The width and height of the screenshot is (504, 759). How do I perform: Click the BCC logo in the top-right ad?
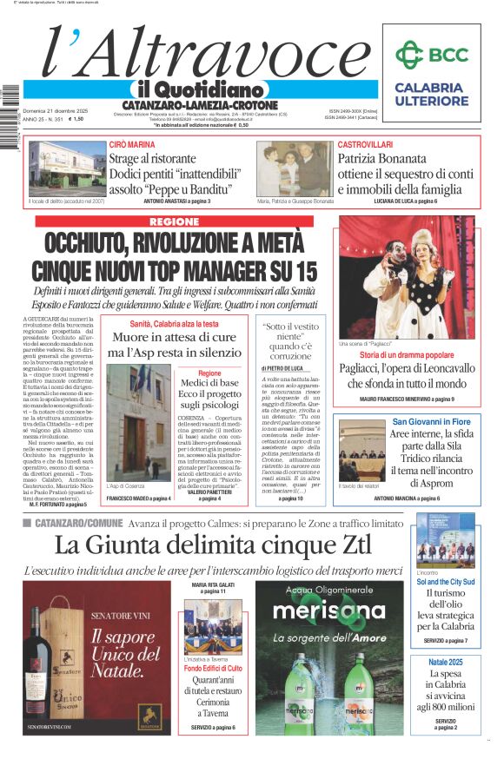pyautogui.click(x=431, y=55)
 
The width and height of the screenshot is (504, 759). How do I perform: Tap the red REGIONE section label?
pyautogui.click(x=174, y=222)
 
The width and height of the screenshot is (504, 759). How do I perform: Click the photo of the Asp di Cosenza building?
pyautogui.click(x=138, y=434)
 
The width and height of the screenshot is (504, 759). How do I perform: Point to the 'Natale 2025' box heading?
pyautogui.click(x=447, y=663)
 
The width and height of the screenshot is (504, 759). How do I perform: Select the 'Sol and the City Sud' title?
pyautogui.click(x=446, y=581)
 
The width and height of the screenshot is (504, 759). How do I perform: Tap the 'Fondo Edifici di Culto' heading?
pyautogui.click(x=214, y=668)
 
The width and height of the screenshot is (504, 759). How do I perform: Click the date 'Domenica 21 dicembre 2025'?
pyautogui.click(x=56, y=111)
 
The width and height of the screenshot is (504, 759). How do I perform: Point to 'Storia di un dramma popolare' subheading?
pyautogui.click(x=407, y=355)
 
